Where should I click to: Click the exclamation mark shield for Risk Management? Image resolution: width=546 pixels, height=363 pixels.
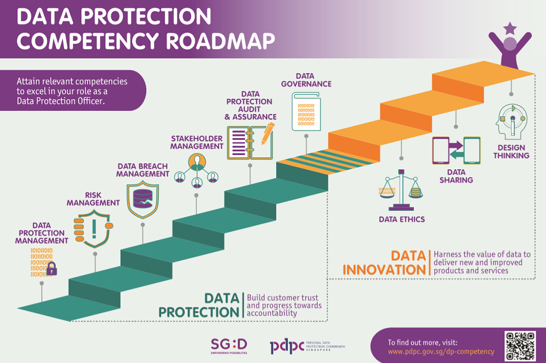[93, 228]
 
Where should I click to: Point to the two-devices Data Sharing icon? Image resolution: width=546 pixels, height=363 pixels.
[456, 151]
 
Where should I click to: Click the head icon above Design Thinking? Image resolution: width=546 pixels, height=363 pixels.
[512, 121]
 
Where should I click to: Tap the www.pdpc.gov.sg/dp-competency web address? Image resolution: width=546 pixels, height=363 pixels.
[441, 352]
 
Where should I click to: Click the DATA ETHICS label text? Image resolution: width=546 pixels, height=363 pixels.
[402, 219]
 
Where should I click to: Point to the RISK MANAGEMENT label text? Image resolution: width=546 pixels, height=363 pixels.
[93, 199]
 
